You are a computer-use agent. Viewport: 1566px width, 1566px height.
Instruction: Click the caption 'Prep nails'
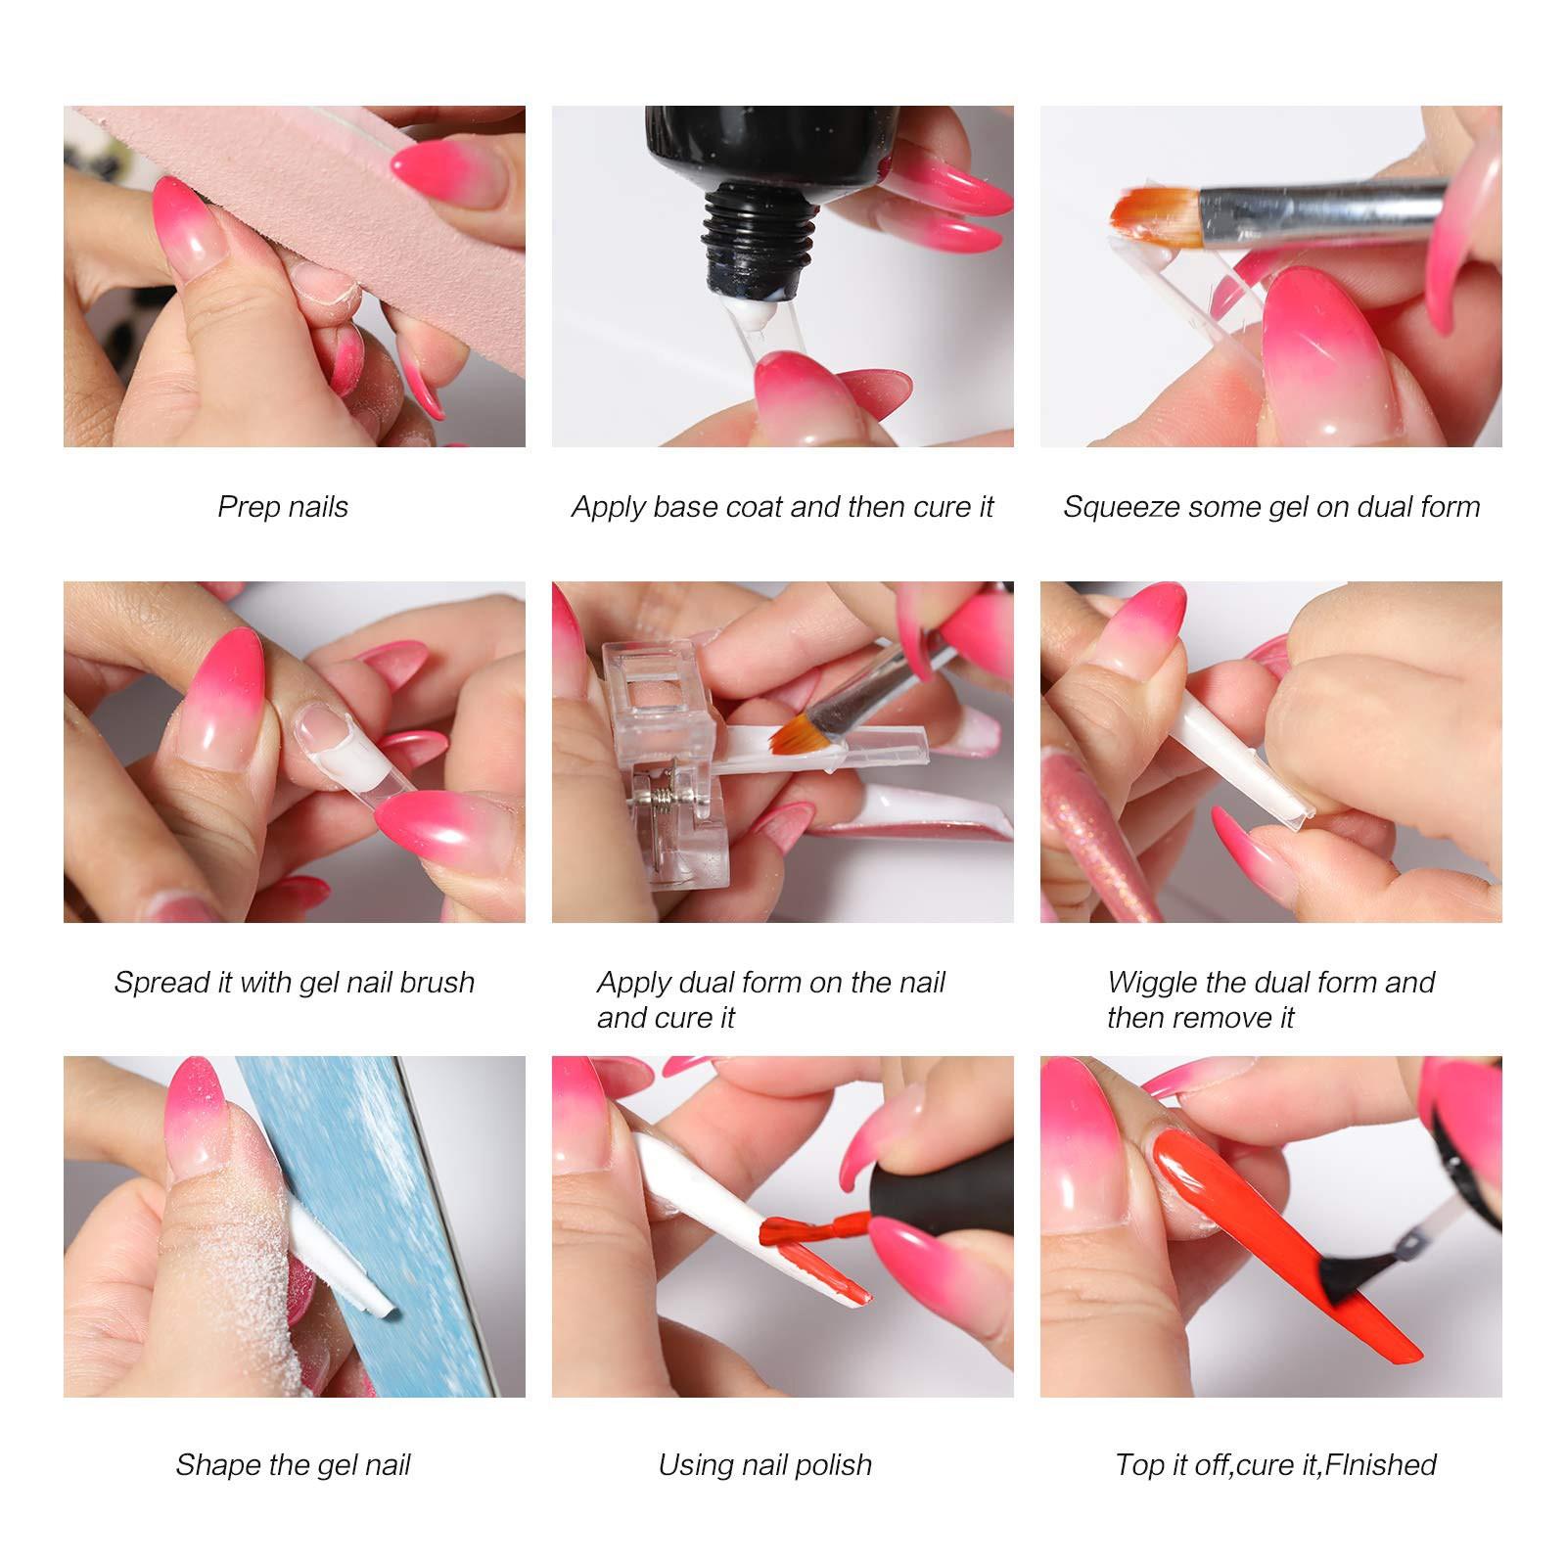pyautogui.click(x=283, y=507)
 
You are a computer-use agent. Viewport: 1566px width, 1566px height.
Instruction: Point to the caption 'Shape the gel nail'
pyautogui.click(x=293, y=1465)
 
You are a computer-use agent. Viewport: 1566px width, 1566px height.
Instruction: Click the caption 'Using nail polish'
pyautogui.click(x=764, y=1465)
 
